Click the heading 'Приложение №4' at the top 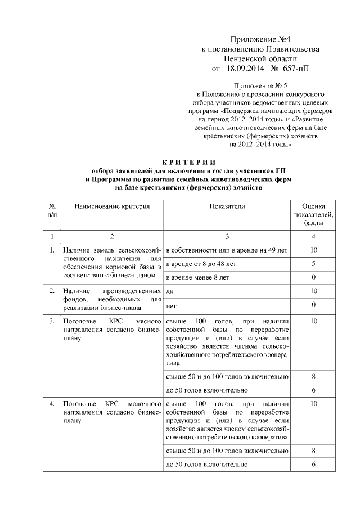(259, 39)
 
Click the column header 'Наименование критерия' (106, 207)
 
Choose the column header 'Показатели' (227, 207)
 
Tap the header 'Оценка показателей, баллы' (313, 215)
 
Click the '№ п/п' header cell (52, 211)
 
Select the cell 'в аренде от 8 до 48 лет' (201, 263)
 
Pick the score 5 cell (313, 263)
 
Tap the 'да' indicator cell (169, 291)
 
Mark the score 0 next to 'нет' (313, 304)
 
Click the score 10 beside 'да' (313, 291)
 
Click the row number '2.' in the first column (52, 291)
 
